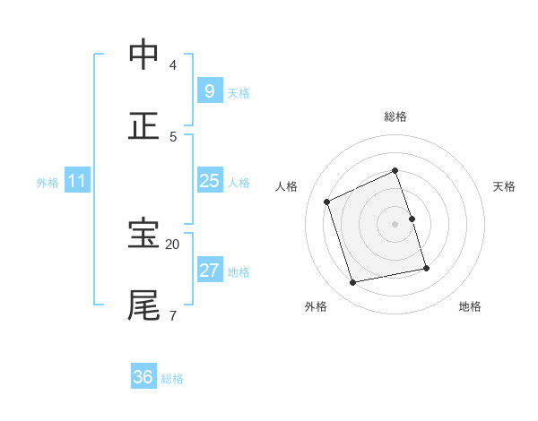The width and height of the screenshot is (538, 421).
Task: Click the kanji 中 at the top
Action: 144,55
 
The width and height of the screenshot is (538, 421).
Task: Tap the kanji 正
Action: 144,125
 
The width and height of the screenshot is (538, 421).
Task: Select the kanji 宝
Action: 144,234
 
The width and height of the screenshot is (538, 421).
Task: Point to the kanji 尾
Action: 144,305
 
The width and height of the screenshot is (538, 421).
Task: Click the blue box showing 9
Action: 209,90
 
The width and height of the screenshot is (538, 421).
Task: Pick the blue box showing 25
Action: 209,181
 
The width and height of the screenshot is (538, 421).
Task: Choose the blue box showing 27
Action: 209,271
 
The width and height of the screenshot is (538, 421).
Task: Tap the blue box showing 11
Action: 76,181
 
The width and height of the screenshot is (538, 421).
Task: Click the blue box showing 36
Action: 143,377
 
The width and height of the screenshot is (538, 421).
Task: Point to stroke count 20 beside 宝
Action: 173,244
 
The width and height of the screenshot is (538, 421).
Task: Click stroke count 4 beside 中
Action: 173,64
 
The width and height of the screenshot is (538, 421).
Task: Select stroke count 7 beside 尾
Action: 173,315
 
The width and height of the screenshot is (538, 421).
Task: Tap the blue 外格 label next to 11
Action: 48,183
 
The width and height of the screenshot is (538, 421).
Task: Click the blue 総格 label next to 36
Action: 172,379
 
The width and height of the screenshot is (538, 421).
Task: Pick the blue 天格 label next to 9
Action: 239,93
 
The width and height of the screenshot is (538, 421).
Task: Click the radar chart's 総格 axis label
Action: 395,116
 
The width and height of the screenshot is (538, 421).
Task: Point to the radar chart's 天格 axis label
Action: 504,186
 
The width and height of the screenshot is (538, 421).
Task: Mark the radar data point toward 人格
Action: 327,202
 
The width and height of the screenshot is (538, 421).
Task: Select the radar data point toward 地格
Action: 426,268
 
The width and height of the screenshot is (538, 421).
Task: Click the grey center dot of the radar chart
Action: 395,223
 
